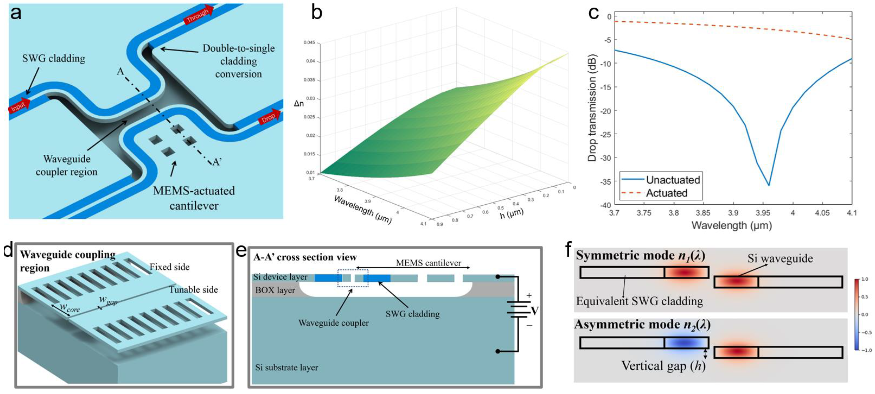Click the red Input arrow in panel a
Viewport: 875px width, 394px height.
[19, 106]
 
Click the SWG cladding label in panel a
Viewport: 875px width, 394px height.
[54, 59]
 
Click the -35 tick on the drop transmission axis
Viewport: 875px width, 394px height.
[606, 182]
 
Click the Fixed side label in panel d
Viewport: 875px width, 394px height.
[170, 267]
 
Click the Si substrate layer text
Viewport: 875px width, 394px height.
[287, 367]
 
